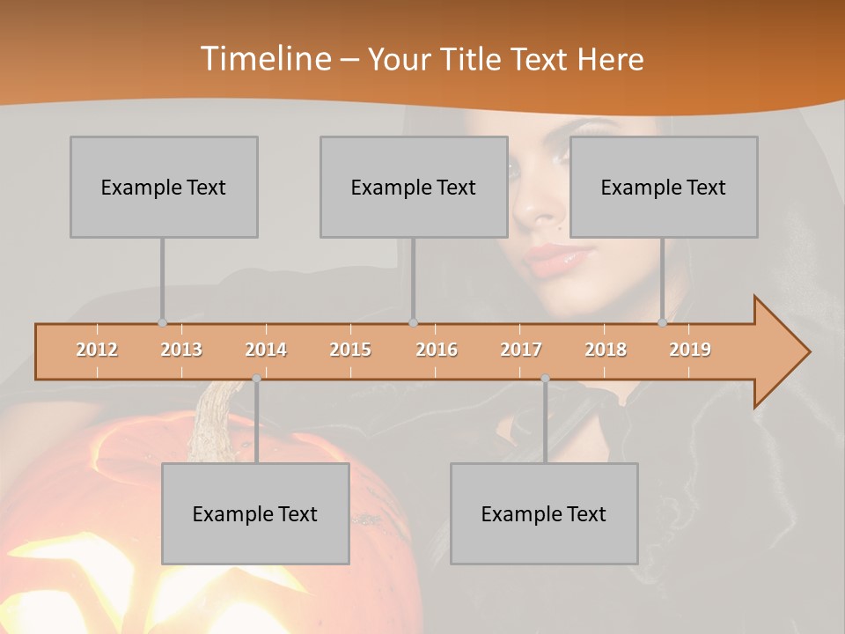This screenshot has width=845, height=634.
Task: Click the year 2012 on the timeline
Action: [97, 350]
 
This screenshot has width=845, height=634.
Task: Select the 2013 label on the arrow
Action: [181, 350]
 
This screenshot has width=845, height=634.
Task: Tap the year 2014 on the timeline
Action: [266, 350]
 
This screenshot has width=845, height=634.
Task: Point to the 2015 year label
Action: [350, 350]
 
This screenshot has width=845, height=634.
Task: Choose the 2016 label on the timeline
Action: [437, 350]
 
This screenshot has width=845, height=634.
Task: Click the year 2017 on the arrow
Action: [521, 350]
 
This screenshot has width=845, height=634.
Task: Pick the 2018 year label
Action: [606, 350]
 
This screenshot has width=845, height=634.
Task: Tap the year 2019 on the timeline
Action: [690, 350]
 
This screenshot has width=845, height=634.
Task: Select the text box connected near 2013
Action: [164, 187]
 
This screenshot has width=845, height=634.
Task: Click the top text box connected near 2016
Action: [414, 187]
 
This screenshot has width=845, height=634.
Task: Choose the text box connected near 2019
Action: [664, 187]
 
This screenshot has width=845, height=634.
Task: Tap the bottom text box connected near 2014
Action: [255, 513]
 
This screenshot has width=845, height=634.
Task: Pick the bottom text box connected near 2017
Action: [544, 513]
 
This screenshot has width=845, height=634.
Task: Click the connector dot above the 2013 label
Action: [162, 322]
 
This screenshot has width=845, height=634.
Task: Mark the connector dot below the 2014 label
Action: [256, 379]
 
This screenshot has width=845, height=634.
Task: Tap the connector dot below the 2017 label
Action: [545, 379]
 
